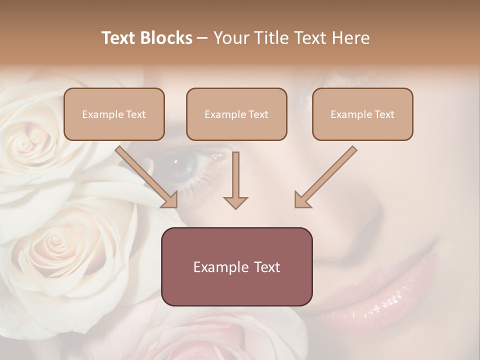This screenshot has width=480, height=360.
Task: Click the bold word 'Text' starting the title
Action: point(119,38)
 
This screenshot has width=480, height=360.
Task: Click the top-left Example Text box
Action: point(114,114)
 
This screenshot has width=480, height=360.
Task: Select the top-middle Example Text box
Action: point(236,114)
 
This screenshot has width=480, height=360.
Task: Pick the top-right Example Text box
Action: point(362,114)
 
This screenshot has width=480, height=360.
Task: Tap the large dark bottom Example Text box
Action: point(236,266)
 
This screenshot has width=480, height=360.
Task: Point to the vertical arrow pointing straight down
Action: point(235,180)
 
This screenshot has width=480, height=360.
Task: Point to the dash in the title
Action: point(202,38)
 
